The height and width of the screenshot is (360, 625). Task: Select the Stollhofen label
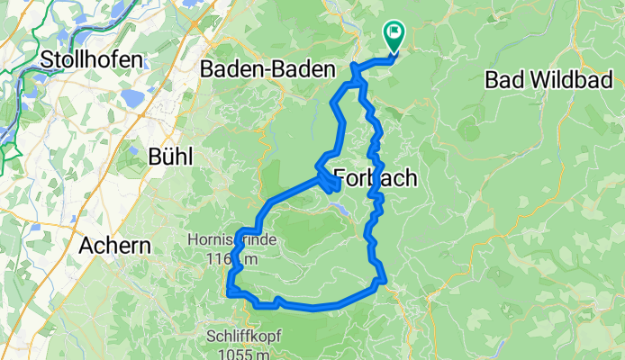point(92,59)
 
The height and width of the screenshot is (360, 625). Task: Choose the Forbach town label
point(376,178)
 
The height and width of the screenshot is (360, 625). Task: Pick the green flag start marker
point(394,34)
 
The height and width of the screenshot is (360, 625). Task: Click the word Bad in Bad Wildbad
point(502,79)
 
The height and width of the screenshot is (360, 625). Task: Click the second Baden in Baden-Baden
point(306,69)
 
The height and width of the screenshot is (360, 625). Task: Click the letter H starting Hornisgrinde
point(193,240)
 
